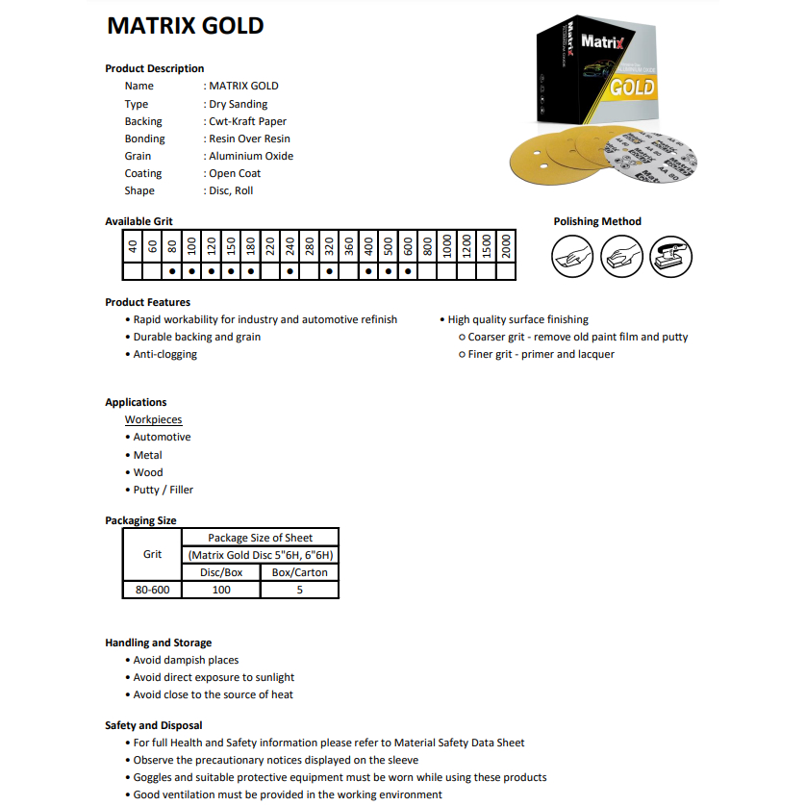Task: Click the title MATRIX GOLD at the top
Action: click(185, 26)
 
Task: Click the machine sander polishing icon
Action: click(671, 257)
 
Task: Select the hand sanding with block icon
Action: click(621, 257)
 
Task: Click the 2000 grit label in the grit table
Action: click(506, 247)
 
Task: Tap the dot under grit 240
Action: click(290, 271)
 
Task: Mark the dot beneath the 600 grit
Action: click(408, 271)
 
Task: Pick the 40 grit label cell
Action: click(133, 247)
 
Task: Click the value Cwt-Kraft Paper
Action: click(246, 121)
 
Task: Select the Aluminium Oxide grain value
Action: click(250, 156)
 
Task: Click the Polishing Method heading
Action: click(596, 221)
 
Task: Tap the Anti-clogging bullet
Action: click(164, 354)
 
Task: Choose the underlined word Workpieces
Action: click(153, 419)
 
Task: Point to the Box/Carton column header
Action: click(299, 572)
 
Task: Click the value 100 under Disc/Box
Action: click(221, 590)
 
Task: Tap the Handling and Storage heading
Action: click(158, 642)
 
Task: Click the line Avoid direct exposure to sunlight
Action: click(214, 677)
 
